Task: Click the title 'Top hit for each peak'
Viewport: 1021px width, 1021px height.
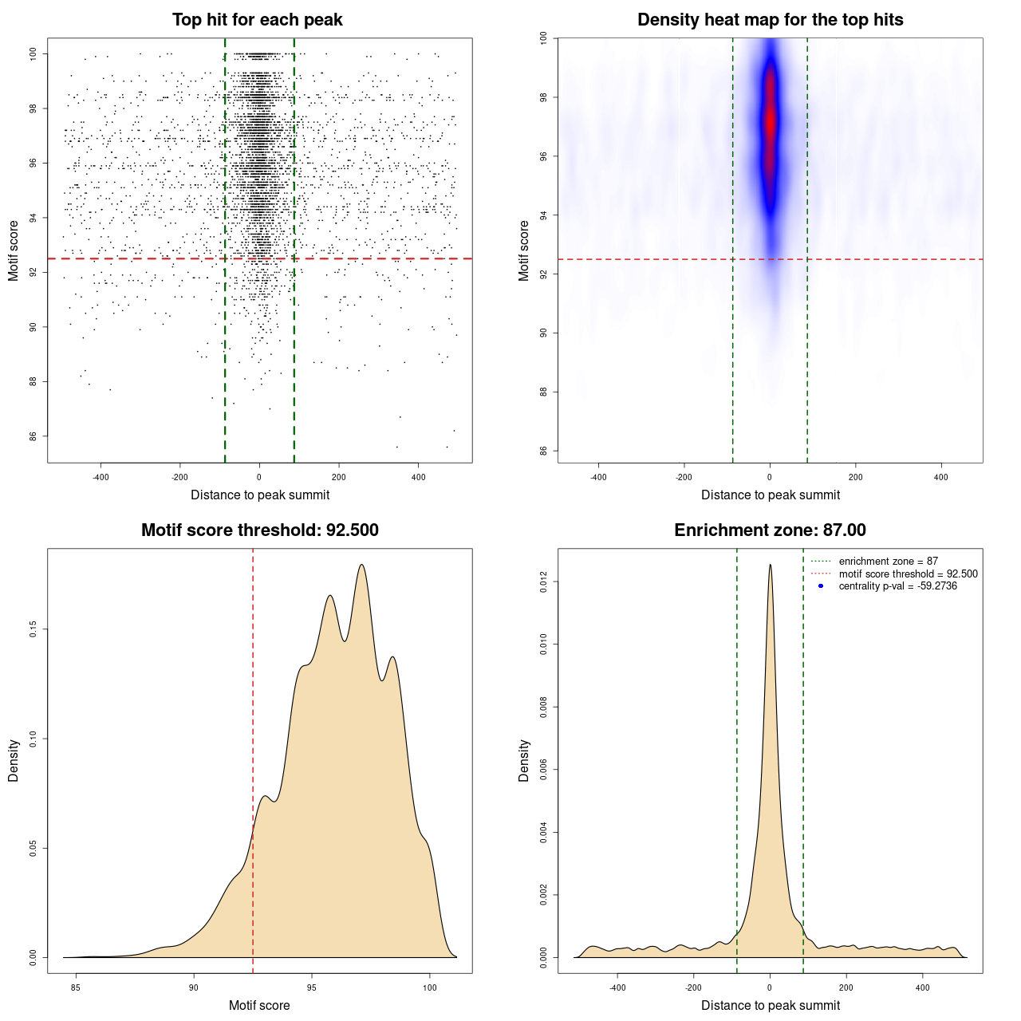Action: click(257, 20)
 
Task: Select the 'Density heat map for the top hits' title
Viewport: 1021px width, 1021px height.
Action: click(770, 20)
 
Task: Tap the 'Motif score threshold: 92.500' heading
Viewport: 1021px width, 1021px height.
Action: click(259, 530)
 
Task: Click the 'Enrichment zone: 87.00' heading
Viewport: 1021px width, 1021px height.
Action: click(770, 530)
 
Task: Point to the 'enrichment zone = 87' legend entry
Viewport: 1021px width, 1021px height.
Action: click(888, 562)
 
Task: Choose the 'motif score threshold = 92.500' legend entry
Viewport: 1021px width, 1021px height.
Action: click(908, 574)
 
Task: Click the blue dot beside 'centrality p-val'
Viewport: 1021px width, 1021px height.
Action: click(821, 586)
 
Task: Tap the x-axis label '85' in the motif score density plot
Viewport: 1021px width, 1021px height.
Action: click(76, 987)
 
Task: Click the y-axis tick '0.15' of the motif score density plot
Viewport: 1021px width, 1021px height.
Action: click(33, 629)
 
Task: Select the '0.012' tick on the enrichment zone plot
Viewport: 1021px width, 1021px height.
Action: click(543, 582)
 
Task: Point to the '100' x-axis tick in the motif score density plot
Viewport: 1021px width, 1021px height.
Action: click(430, 987)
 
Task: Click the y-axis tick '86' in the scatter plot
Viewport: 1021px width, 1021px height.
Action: click(33, 436)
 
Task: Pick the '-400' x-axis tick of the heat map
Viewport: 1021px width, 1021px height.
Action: click(598, 477)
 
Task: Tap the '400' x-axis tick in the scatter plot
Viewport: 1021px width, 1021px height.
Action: click(418, 477)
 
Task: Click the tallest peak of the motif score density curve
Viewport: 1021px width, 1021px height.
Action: click(362, 566)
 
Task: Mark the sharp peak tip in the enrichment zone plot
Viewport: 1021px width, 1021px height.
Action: click(770, 566)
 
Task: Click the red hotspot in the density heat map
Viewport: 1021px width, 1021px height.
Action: click(770, 120)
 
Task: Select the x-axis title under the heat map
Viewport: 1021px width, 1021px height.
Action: click(770, 495)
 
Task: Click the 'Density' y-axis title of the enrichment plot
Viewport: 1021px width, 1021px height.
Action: click(524, 760)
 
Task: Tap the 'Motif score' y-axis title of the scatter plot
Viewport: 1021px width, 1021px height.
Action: click(14, 250)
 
